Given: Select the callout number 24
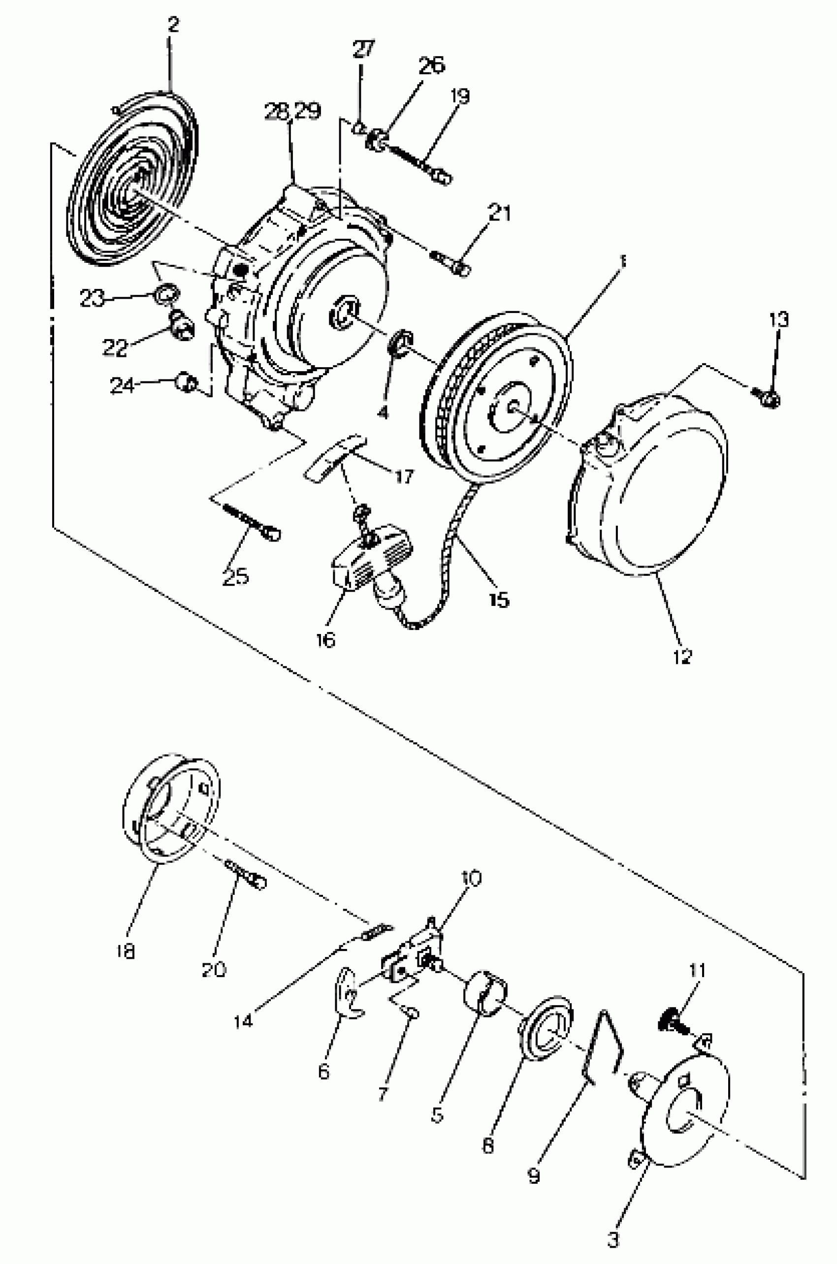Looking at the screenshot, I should (x=122, y=385).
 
